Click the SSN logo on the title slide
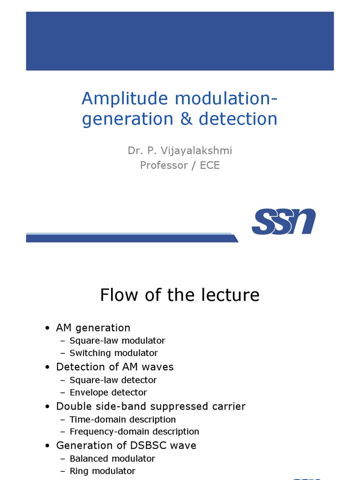pos(284,222)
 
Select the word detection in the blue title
pos(238,119)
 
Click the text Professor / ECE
pos(180,165)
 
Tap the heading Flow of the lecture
pos(180,295)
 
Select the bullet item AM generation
pos(93,328)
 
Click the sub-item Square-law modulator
pos(117,341)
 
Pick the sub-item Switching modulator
pos(113,353)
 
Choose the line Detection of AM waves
pos(115,367)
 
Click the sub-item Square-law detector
pos(113,380)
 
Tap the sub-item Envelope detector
pos(108,392)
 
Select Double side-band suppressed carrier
pos(150,406)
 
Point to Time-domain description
pos(123,419)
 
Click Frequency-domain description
pos(134,431)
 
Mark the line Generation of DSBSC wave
pos(126,445)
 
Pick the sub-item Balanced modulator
pos(112,458)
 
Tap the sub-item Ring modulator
pos(103,471)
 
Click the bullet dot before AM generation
pos(48,328)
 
